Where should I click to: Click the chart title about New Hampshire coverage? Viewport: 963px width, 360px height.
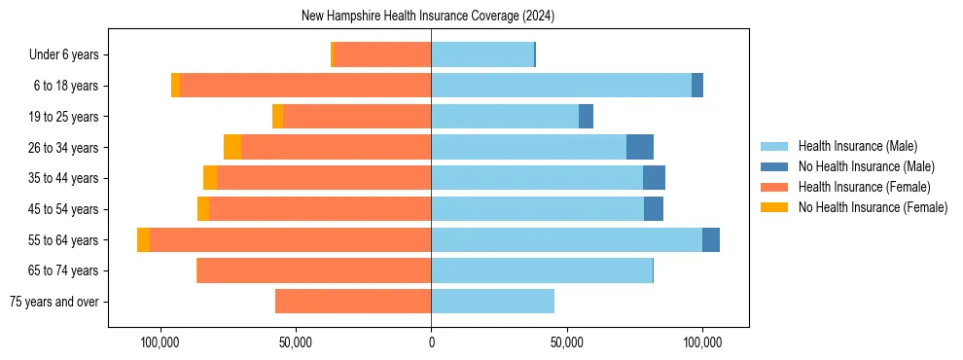pyautogui.click(x=428, y=17)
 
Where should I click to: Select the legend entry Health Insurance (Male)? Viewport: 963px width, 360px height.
pyautogui.click(x=857, y=146)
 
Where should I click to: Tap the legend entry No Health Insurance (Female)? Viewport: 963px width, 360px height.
pyautogui.click(x=873, y=207)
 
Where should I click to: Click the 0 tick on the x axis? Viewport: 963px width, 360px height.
pyautogui.click(x=431, y=342)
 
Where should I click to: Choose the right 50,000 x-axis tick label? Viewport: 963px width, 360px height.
pyautogui.click(x=567, y=342)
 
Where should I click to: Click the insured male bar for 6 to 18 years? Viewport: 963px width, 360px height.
pyautogui.click(x=561, y=86)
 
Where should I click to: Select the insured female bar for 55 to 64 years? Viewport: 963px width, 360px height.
pyautogui.click(x=290, y=240)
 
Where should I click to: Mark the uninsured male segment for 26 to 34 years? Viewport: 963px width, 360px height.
pyautogui.click(x=640, y=148)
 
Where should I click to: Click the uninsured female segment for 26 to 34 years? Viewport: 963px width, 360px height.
pyautogui.click(x=232, y=148)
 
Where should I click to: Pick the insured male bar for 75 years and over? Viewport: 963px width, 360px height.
pyautogui.click(x=492, y=302)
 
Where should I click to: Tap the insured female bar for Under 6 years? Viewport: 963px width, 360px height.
pyautogui.click(x=382, y=55)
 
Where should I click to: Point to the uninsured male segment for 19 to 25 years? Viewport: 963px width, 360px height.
pyautogui.click(x=586, y=117)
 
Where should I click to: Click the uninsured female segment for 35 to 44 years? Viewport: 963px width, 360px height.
pyautogui.click(x=210, y=178)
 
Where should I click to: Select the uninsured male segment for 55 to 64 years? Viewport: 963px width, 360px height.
pyautogui.click(x=711, y=240)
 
